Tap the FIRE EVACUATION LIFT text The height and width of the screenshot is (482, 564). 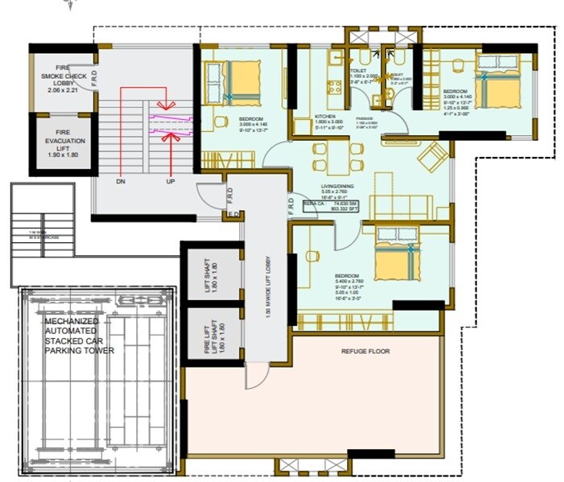coord(61,142)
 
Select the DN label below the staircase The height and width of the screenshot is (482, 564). coord(120,182)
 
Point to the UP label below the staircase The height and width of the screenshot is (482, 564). coord(170,182)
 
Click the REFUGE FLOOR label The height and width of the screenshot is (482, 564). coord(367,351)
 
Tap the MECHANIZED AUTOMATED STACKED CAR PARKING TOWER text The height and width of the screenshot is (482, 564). coord(79,336)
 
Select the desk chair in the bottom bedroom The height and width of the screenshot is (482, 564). coord(310,257)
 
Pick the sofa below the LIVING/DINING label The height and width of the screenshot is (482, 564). coord(400,208)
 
